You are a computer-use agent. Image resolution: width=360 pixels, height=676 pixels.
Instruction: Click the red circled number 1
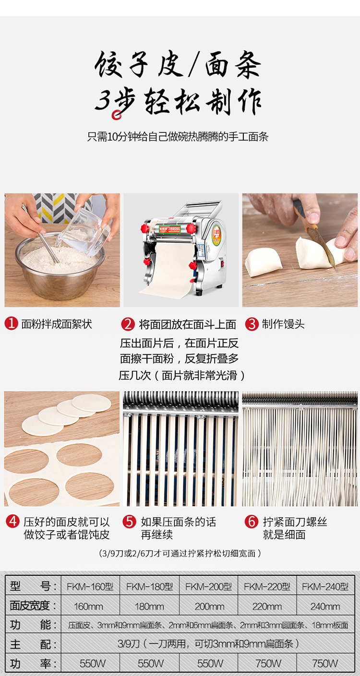point(11,323)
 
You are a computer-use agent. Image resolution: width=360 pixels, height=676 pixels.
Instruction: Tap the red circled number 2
point(128,324)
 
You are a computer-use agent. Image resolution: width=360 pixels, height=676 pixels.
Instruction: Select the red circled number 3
point(252,324)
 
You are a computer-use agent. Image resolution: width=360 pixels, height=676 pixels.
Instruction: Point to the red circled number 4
point(12,522)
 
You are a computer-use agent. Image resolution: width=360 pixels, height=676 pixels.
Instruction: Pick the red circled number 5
point(129,522)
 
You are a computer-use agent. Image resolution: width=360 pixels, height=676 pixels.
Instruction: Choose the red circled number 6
point(251,522)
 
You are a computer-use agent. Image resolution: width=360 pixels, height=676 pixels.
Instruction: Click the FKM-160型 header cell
point(90,586)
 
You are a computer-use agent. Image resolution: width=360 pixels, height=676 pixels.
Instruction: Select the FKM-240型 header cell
point(325,586)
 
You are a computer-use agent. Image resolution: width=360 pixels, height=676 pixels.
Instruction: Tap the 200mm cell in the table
point(209,606)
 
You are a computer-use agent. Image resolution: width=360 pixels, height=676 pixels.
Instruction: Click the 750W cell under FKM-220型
point(267,664)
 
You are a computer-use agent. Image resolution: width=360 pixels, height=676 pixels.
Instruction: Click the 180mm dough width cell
point(149,606)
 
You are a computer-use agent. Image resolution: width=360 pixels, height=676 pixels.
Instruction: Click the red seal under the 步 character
point(116,115)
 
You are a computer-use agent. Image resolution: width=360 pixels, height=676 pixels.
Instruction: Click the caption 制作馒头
point(283,324)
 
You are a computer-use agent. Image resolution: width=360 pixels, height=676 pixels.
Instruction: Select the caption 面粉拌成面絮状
point(57,324)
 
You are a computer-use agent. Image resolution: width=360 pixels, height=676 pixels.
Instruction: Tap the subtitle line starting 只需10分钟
point(178,137)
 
